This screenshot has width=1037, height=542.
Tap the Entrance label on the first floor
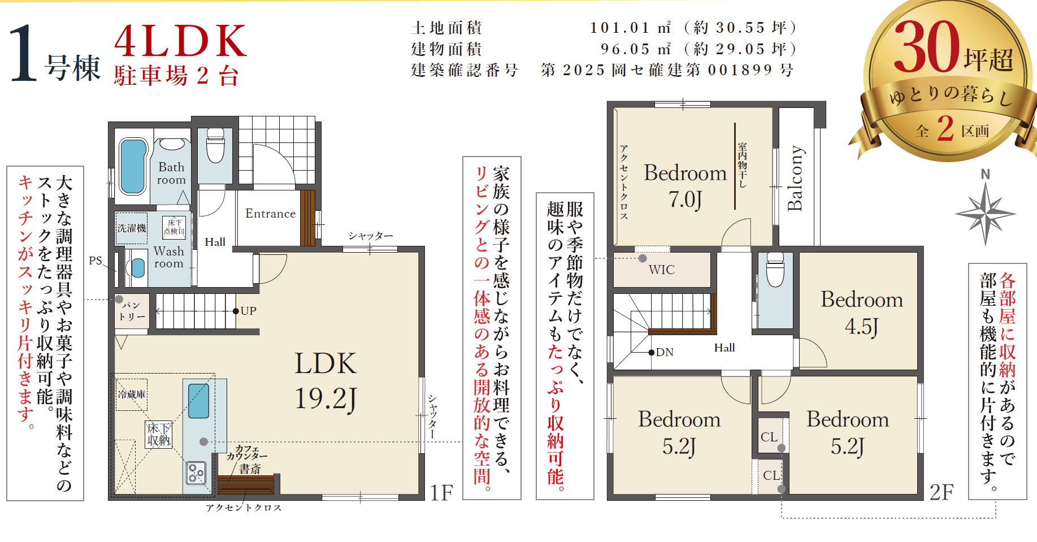click(x=270, y=214)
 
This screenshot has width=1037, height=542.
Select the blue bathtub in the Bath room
click(x=133, y=166)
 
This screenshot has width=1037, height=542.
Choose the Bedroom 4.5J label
click(x=862, y=313)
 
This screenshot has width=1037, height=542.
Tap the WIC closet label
click(x=661, y=270)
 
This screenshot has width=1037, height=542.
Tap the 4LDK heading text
click(x=181, y=41)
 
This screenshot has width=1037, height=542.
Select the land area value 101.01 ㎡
click(x=631, y=27)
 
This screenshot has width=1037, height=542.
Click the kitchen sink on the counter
click(x=198, y=401)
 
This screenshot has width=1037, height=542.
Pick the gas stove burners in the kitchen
click(x=196, y=473)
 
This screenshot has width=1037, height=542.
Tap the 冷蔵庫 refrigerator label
click(x=132, y=394)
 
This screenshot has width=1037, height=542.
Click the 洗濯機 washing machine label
click(x=132, y=228)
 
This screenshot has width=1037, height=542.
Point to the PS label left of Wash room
click(x=96, y=261)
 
